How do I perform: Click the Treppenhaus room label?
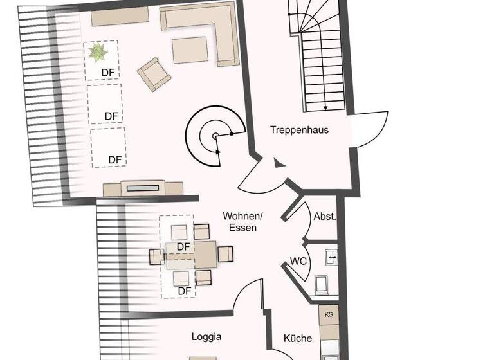pos(299,130)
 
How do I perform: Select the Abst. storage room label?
pos(325,217)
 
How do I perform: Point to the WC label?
pos(298,261)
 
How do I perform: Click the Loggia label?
pos(206,336)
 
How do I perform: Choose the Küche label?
pos(298,338)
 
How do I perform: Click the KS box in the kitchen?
pos(329,314)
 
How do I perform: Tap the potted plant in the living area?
pos(98,53)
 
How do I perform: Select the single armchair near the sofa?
pos(155,73)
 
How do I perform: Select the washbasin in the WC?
pos(331,258)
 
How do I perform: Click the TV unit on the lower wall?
pos(143,188)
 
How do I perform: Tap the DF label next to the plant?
pos(108,73)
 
